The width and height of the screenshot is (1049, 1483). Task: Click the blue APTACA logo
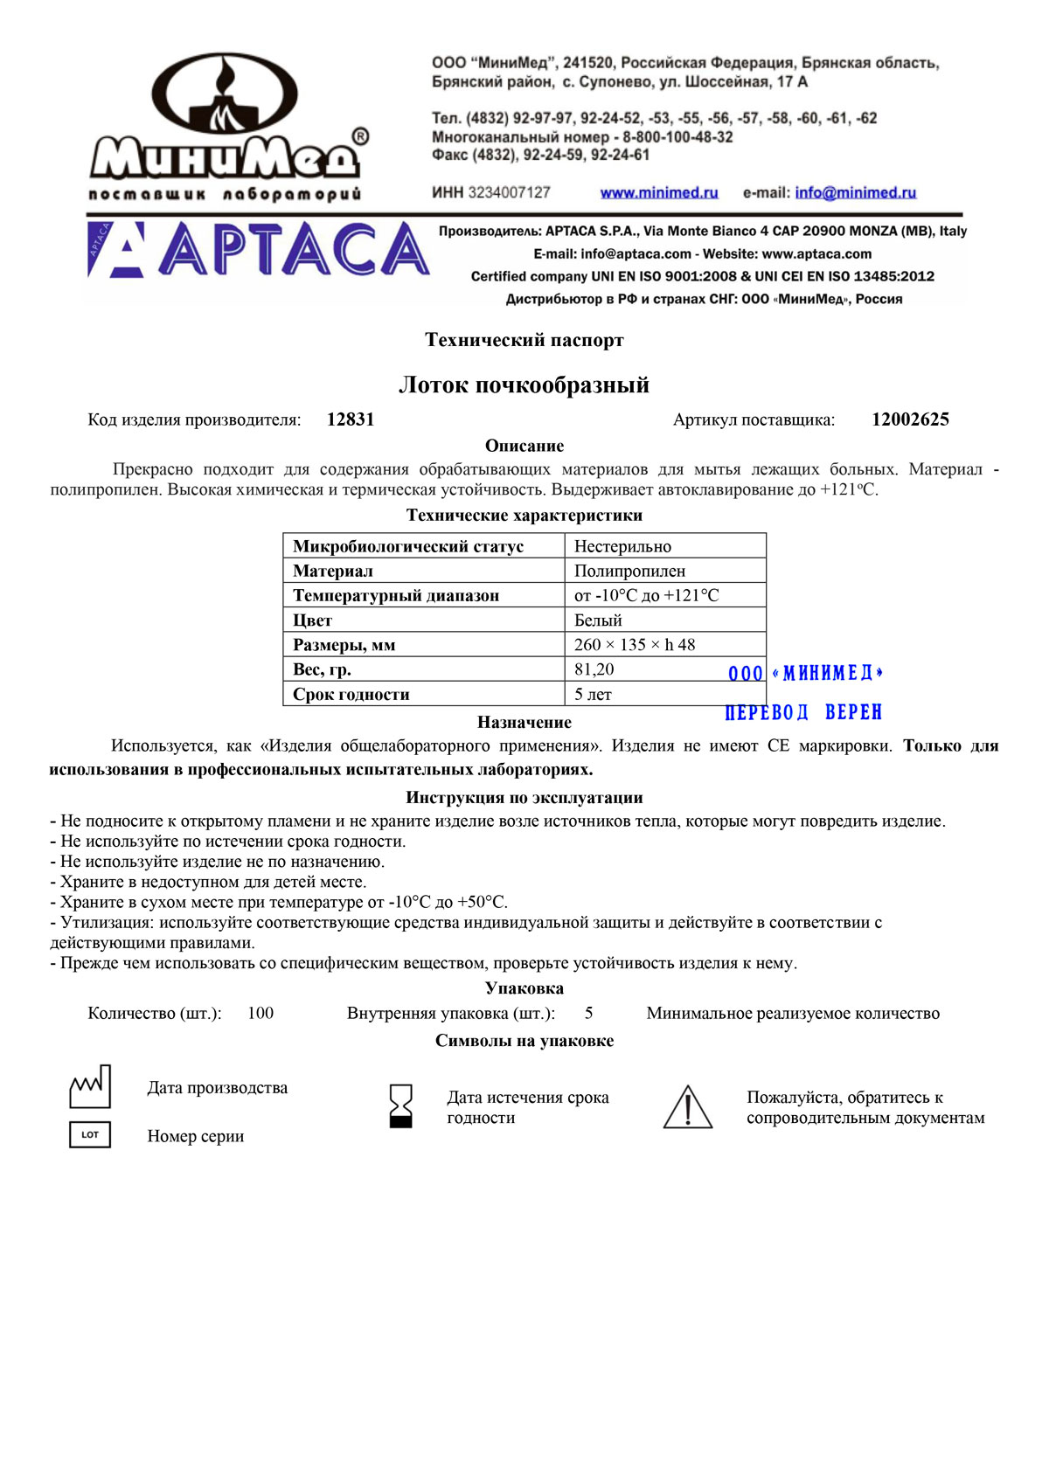(259, 250)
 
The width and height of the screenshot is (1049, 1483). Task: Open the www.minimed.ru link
(658, 192)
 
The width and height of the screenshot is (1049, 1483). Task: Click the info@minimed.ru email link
(855, 192)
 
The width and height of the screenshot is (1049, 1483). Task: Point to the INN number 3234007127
(509, 192)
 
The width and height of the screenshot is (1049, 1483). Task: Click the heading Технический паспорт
(524, 340)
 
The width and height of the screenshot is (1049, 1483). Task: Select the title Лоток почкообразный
(524, 385)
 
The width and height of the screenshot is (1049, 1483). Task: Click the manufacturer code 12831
(351, 419)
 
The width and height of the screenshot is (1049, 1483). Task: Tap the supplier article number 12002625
(910, 419)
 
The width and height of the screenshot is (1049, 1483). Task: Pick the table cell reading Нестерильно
(622, 546)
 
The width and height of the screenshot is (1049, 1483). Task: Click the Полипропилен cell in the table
(629, 571)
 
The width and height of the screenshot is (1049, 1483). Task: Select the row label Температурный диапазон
(396, 595)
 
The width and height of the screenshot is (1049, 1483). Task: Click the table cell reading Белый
(598, 620)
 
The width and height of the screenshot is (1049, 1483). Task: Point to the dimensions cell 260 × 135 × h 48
(635, 645)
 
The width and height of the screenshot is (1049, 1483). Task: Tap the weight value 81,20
(594, 669)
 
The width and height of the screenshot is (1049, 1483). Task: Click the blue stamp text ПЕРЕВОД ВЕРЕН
(803, 713)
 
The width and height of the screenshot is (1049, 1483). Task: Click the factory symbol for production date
(90, 1087)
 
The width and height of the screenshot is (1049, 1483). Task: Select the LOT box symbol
(90, 1135)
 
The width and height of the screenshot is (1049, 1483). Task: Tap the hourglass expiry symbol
(400, 1106)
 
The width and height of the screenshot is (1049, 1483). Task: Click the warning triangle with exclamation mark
(688, 1107)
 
